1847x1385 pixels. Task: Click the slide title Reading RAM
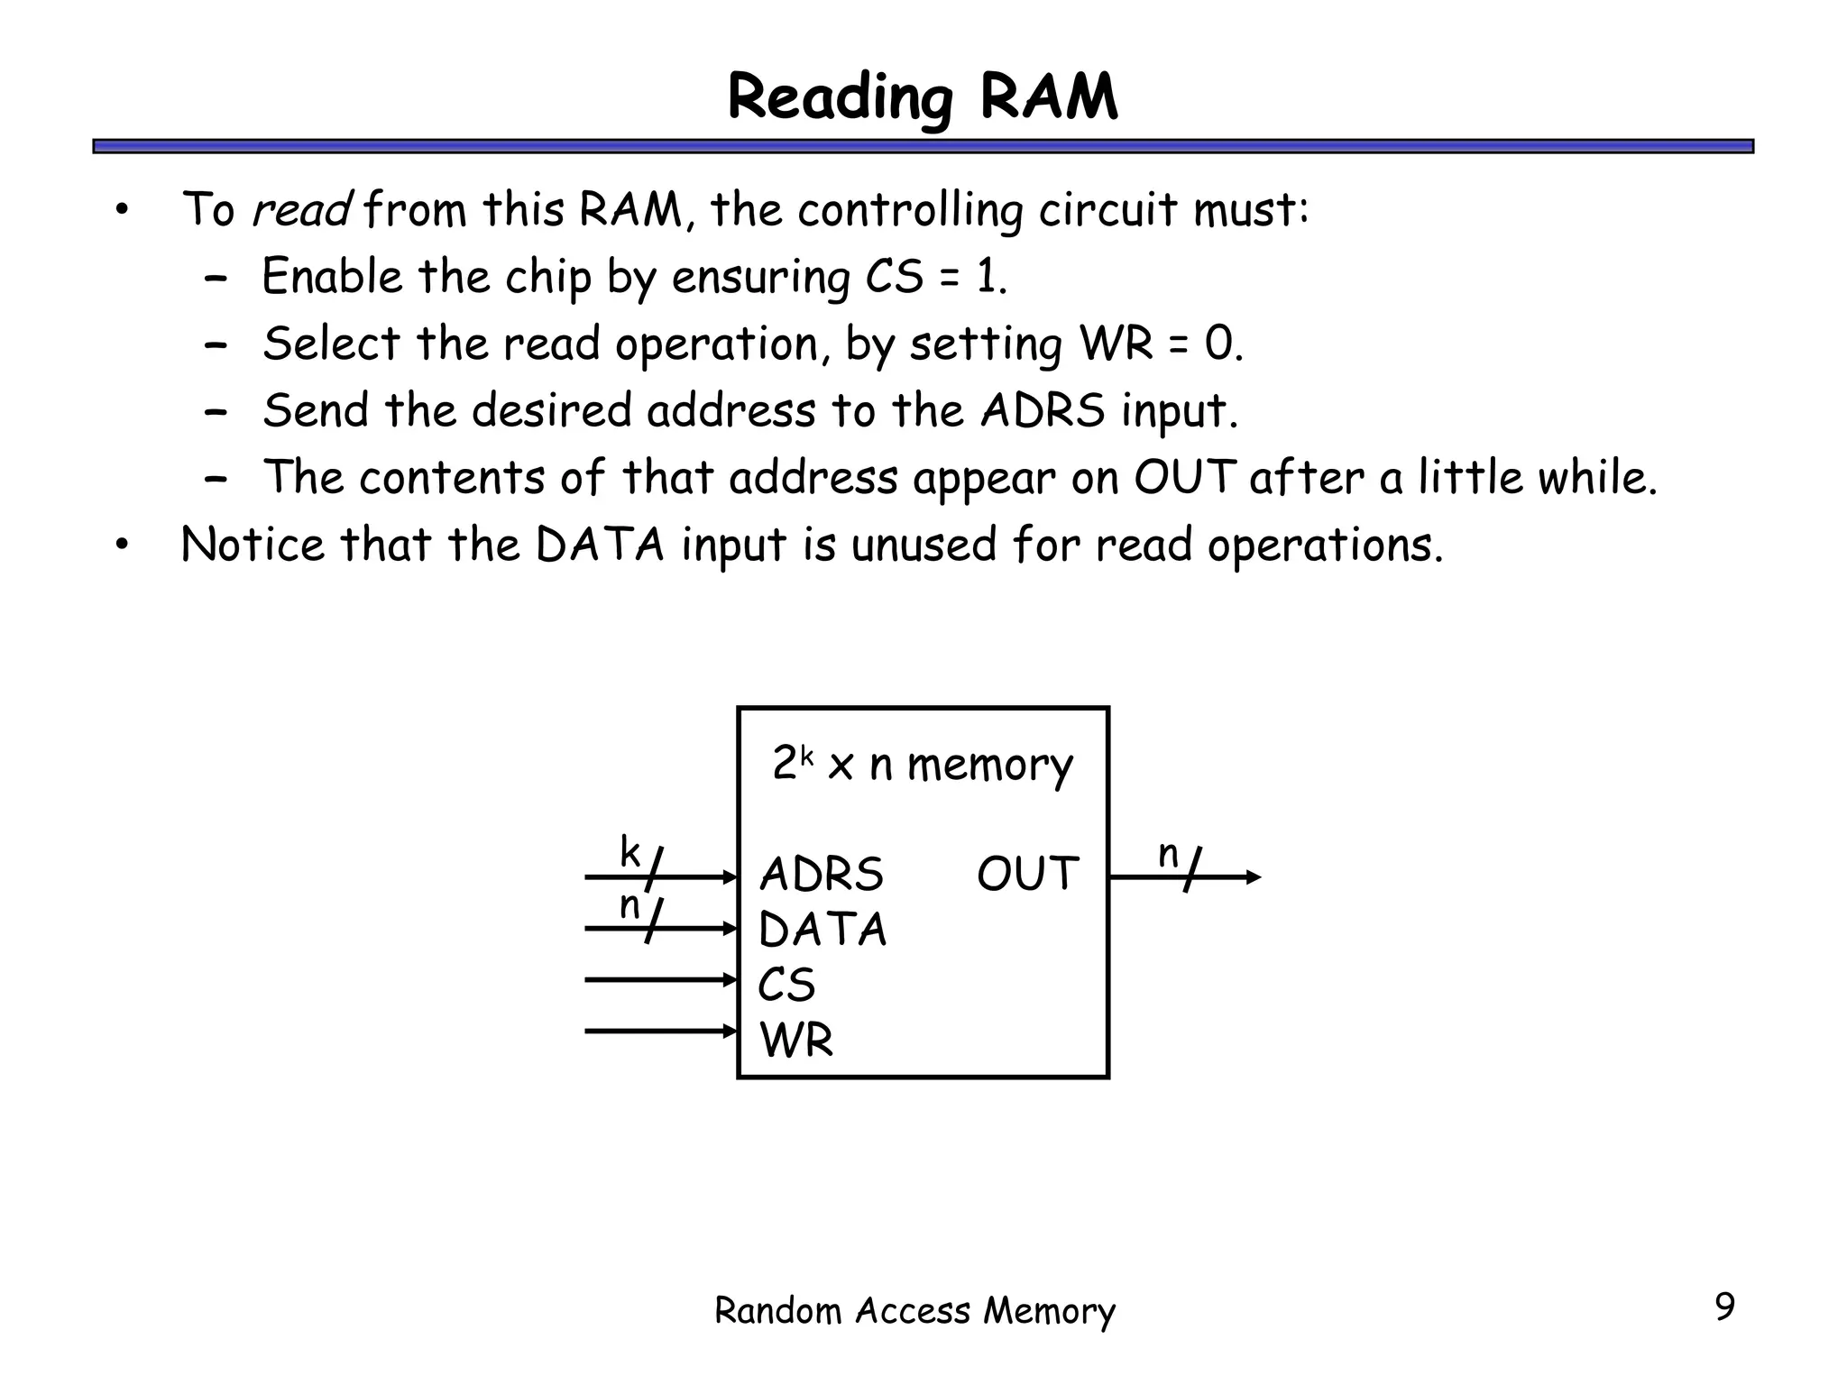point(922,97)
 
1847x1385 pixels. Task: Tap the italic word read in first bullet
point(301,209)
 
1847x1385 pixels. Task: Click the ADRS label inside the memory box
point(821,874)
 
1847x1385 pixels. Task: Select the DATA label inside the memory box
point(822,930)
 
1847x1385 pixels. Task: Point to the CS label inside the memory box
point(786,985)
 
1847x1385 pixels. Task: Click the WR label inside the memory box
point(796,1040)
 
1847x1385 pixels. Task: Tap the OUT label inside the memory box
point(1027,874)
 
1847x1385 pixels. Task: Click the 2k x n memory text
point(922,765)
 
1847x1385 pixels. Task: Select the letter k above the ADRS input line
point(629,852)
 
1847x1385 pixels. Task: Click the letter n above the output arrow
point(1168,854)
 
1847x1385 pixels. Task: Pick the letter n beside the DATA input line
point(629,906)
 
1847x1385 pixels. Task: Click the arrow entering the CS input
point(661,979)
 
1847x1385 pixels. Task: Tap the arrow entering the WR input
point(661,1031)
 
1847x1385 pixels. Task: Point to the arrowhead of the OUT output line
point(1254,876)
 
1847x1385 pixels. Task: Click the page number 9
point(1723,1307)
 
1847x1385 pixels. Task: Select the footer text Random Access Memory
point(914,1310)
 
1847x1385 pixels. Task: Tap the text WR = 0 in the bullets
point(1160,344)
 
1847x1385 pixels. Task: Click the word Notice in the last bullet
point(253,545)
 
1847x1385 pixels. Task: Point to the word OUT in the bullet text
point(1184,477)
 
